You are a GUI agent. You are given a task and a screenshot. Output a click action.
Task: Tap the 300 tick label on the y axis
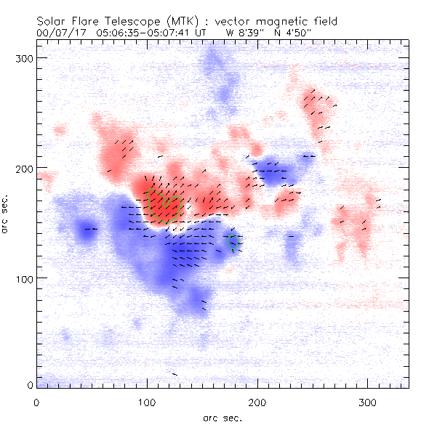(x=25, y=57)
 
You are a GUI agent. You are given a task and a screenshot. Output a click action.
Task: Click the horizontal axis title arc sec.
(x=221, y=417)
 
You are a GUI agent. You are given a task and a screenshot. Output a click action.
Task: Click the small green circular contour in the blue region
(x=234, y=243)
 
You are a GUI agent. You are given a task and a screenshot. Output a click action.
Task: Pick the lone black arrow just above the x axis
(x=175, y=374)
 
